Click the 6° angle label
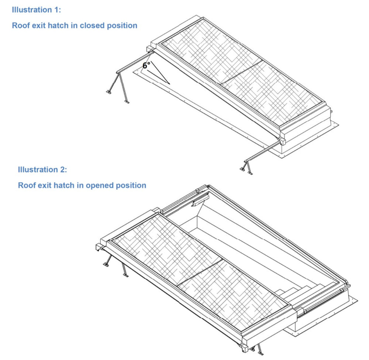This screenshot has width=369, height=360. (x=146, y=66)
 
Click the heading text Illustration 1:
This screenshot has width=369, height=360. (x=37, y=10)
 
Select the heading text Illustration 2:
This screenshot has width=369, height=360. (x=42, y=170)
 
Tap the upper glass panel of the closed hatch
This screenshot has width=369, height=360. (x=210, y=52)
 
